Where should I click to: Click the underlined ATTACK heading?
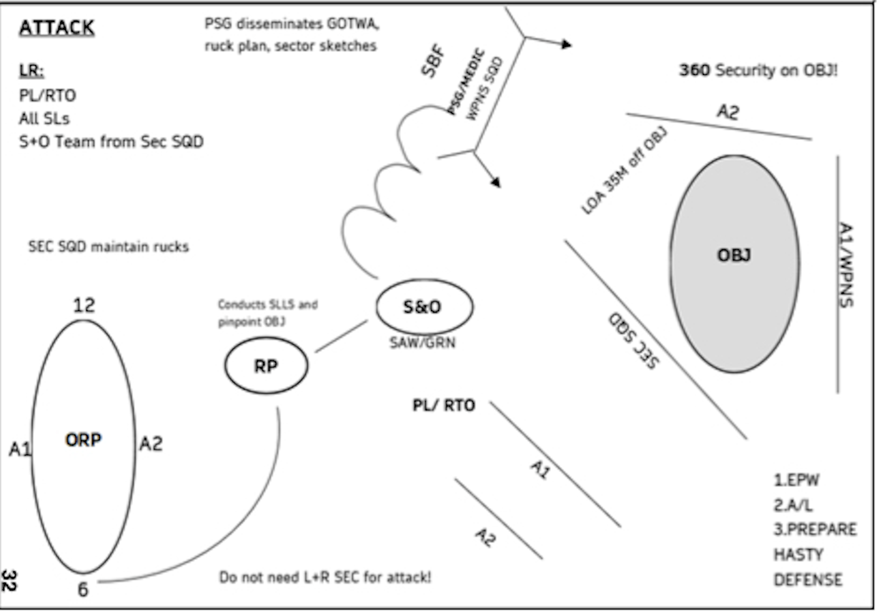pos(57,28)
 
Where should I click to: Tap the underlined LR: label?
pos(31,71)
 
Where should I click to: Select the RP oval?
pos(266,366)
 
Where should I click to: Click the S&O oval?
pos(424,307)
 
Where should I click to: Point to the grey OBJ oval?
pos(734,262)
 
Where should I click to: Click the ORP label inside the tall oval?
pos(83,440)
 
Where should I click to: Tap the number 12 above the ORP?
pos(84,306)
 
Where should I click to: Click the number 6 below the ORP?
pos(83,589)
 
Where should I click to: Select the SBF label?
pos(434,61)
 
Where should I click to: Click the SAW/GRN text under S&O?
pos(423,342)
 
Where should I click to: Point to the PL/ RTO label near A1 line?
pos(443,406)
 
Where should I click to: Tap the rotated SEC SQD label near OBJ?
pos(633,340)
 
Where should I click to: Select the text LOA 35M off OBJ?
pos(624,171)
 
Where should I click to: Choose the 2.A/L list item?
pos(793,505)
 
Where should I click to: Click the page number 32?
pos(9,580)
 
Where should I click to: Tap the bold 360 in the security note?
pos(694,70)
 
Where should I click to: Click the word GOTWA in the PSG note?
pos(352,24)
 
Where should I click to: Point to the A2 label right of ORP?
pos(151,444)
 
